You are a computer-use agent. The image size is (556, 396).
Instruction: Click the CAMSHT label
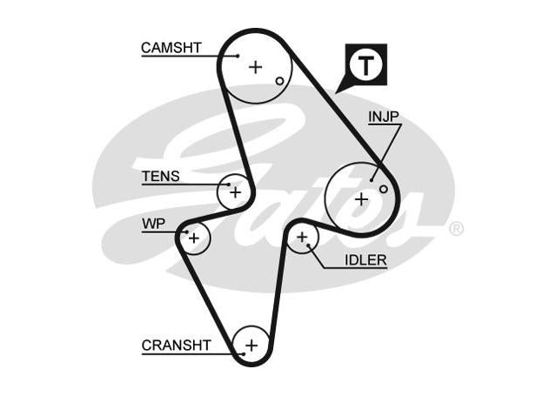pos(171,48)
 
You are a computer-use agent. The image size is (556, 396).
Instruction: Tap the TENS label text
pos(161,177)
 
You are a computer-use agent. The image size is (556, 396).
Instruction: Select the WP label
pos(153,224)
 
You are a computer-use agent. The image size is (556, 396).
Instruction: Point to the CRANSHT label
pos(177,346)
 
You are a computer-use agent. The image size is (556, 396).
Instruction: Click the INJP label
pos(384,117)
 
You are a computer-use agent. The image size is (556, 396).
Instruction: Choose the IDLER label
pos(365,260)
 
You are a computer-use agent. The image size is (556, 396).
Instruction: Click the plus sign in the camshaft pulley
pos(255,67)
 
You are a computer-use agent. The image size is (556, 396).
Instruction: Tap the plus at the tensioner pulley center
pos(236,192)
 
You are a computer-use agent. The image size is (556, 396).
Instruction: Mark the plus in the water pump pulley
pos(194,238)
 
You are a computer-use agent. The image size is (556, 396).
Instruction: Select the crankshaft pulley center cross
pos(251,346)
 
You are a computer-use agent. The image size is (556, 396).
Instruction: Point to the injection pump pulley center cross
pos(361,199)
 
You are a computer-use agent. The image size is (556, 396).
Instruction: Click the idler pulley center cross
pos(302,237)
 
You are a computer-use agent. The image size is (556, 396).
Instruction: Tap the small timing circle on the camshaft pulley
pos(280,81)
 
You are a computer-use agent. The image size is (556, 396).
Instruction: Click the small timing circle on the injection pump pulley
pos(384,189)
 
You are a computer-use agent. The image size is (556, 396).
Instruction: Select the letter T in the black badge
pos(366,65)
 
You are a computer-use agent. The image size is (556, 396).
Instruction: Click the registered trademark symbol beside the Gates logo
pos(456,229)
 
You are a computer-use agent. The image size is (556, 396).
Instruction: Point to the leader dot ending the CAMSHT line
pos(238,56)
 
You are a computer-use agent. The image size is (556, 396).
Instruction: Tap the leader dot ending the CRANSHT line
pos(244,353)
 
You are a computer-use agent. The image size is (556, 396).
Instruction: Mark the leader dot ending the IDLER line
pos(309,245)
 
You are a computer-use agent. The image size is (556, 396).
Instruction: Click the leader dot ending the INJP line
pos(372,180)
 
